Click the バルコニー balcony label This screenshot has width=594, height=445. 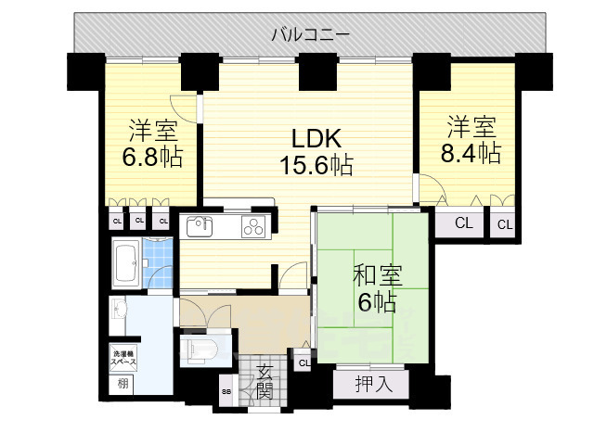tap(310, 36)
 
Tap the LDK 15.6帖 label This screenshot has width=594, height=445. tap(316, 153)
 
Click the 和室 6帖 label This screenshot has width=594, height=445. tap(374, 288)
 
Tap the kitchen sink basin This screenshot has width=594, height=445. tap(200, 225)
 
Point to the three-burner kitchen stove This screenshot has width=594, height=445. tap(253, 225)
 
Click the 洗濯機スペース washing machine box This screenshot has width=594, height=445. tap(124, 358)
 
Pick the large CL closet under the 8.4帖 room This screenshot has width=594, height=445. tap(462, 222)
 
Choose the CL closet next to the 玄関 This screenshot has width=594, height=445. tap(303, 363)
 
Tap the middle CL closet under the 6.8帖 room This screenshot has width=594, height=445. tap(138, 221)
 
